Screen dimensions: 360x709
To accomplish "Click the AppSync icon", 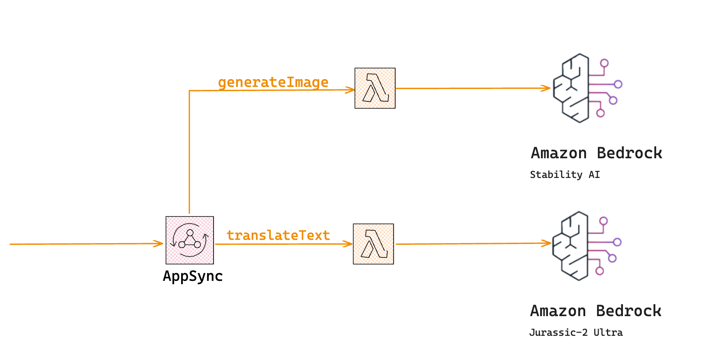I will (190, 240).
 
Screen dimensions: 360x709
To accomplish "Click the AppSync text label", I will (193, 276).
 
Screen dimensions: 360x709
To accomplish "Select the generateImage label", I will (273, 82).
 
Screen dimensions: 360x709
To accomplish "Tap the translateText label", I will (278, 235).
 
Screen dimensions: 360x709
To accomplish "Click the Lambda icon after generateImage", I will (375, 88).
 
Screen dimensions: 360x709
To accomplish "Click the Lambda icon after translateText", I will (373, 244).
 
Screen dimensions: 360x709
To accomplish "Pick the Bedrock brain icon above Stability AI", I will (586, 88).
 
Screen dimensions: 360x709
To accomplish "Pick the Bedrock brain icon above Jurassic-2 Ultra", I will (586, 246).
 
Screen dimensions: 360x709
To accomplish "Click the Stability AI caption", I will (565, 175).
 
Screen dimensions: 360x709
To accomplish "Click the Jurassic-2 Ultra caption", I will (576, 333).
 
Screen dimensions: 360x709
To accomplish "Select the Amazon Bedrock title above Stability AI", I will (596, 153).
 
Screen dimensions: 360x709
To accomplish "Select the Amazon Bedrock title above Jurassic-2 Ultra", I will (595, 311).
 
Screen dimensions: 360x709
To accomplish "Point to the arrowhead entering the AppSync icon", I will (159, 244).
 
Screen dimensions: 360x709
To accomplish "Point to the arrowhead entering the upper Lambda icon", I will (350, 90).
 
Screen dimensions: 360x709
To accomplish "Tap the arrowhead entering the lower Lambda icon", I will (348, 244).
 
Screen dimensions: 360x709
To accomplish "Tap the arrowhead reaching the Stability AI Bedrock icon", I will (546, 88).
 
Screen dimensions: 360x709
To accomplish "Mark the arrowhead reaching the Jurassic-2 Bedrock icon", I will (547, 243).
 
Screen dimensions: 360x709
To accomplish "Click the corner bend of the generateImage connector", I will (189, 91).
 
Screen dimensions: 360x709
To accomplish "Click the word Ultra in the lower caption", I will (608, 333).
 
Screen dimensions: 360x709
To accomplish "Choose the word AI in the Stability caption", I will (594, 175).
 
